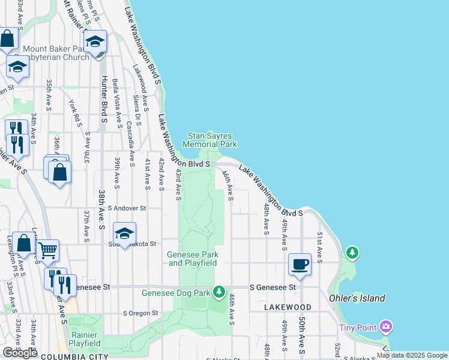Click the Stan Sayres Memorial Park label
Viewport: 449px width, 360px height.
pyautogui.click(x=209, y=140)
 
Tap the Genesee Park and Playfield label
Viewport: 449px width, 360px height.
pyautogui.click(x=192, y=259)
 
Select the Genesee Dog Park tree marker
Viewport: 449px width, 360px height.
pyautogui.click(x=220, y=292)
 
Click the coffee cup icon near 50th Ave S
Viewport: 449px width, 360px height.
pyautogui.click(x=300, y=264)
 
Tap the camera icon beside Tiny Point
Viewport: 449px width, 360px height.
pyautogui.click(x=385, y=327)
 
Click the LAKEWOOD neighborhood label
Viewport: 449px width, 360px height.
pyautogui.click(x=287, y=307)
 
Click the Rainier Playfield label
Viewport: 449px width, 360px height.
pyautogui.click(x=85, y=339)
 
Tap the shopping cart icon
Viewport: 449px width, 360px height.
pyautogui.click(x=47, y=250)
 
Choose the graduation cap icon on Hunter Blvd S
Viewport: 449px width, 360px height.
pyautogui.click(x=95, y=43)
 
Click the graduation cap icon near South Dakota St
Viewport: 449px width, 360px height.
pyautogui.click(x=124, y=235)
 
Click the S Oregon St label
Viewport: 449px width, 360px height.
pyautogui.click(x=140, y=313)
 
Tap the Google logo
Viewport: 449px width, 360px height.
pyautogui.click(x=20, y=353)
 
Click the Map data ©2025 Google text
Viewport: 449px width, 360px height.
pyautogui.click(x=411, y=356)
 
